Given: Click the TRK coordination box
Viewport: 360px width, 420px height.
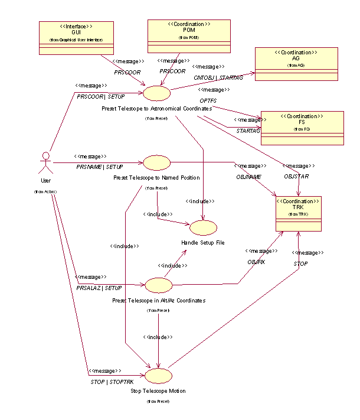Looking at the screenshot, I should [299, 214].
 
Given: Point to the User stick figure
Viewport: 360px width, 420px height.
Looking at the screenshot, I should [45, 163].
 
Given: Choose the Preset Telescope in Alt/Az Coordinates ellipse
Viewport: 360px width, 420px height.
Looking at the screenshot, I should [158, 285].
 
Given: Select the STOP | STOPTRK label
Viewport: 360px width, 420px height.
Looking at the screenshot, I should [109, 382].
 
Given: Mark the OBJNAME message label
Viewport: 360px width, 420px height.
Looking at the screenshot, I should [248, 176].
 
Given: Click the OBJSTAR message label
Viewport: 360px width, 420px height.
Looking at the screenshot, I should [296, 176].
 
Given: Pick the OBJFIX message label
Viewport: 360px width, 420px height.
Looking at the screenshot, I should [256, 261].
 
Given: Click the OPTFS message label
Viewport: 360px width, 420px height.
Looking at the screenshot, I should [208, 100].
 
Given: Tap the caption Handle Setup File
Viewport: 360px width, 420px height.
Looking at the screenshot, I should [202, 243].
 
